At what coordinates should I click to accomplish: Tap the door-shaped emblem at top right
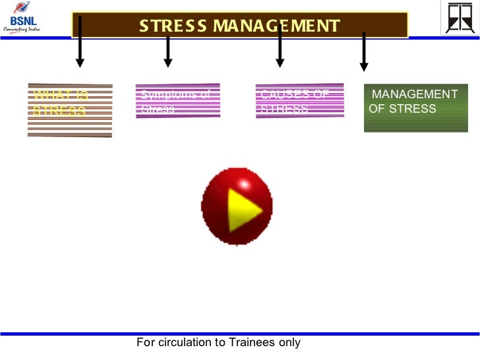[459, 17]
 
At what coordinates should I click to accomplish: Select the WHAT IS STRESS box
[70, 109]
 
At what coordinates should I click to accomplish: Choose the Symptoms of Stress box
[177, 100]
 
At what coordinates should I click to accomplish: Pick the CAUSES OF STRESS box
[299, 100]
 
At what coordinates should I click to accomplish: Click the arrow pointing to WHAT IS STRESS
[80, 42]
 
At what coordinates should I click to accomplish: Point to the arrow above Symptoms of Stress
[168, 52]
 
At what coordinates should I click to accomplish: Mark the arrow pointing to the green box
[363, 52]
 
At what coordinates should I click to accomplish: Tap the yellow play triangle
[243, 209]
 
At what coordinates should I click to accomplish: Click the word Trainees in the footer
[253, 342]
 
